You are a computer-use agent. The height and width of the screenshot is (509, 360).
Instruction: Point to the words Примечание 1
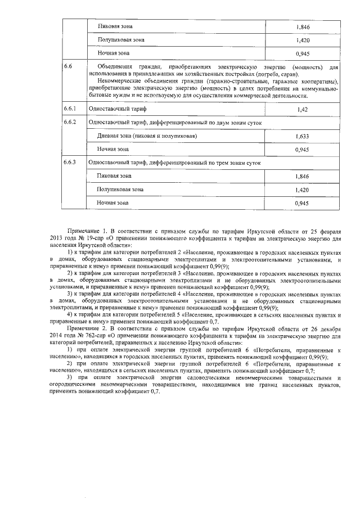tap(86, 231)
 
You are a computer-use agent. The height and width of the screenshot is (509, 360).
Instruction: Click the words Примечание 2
tap(86, 327)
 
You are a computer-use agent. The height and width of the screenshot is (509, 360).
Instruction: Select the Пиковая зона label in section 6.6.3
tap(113, 176)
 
